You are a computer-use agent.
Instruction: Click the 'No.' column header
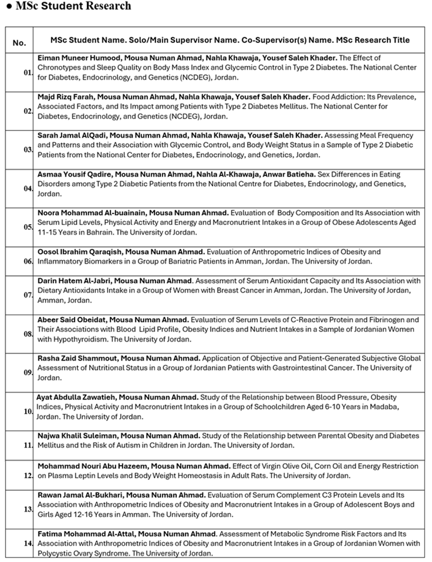tap(19, 42)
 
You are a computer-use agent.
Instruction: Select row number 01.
tap(28, 73)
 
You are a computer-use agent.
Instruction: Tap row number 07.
tap(28, 295)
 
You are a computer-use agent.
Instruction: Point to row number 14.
tap(28, 543)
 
